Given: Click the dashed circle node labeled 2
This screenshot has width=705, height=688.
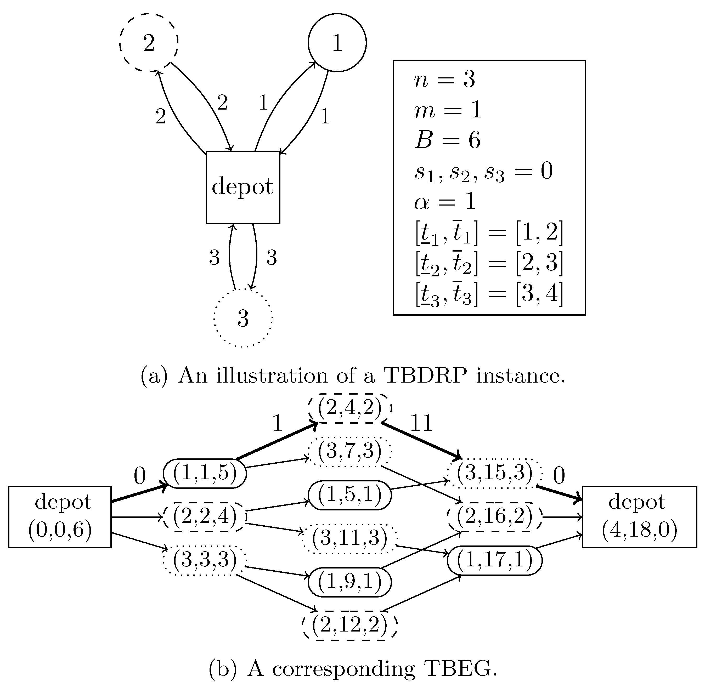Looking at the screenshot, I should click(149, 43).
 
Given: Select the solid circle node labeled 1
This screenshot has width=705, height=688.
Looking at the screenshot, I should click(337, 43).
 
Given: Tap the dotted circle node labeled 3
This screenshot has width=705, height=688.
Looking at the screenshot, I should click(242, 318).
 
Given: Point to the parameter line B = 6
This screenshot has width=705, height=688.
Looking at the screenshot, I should click(447, 140).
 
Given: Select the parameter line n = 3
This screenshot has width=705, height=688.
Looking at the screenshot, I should click(444, 79).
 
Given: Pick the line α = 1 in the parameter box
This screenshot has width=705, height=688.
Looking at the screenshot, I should click(444, 202).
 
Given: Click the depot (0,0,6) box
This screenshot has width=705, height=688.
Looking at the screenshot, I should click(60, 517).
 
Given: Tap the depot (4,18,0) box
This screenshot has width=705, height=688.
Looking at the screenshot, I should click(639, 517).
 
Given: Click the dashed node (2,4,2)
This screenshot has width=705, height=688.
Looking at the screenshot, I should click(349, 408).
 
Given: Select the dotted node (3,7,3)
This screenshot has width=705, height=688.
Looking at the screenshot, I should click(349, 451).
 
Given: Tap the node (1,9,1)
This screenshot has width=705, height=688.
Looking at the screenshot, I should click(349, 582).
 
